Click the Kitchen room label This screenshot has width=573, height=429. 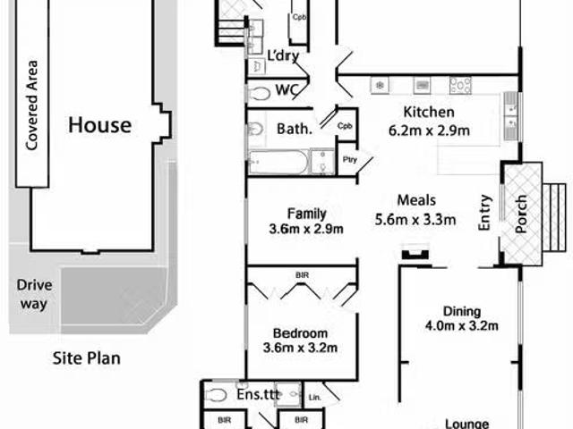428,113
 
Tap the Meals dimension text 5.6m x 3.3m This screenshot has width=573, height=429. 415,219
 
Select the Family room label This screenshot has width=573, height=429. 306,213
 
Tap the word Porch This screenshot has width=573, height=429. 522,214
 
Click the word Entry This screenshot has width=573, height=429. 484,214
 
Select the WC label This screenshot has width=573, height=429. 286,90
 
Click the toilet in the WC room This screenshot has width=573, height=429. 260,92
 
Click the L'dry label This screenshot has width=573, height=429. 283,58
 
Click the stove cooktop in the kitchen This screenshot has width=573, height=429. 460,85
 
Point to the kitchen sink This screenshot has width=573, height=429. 510,113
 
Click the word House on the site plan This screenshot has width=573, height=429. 100,125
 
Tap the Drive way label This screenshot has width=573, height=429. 35,295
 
